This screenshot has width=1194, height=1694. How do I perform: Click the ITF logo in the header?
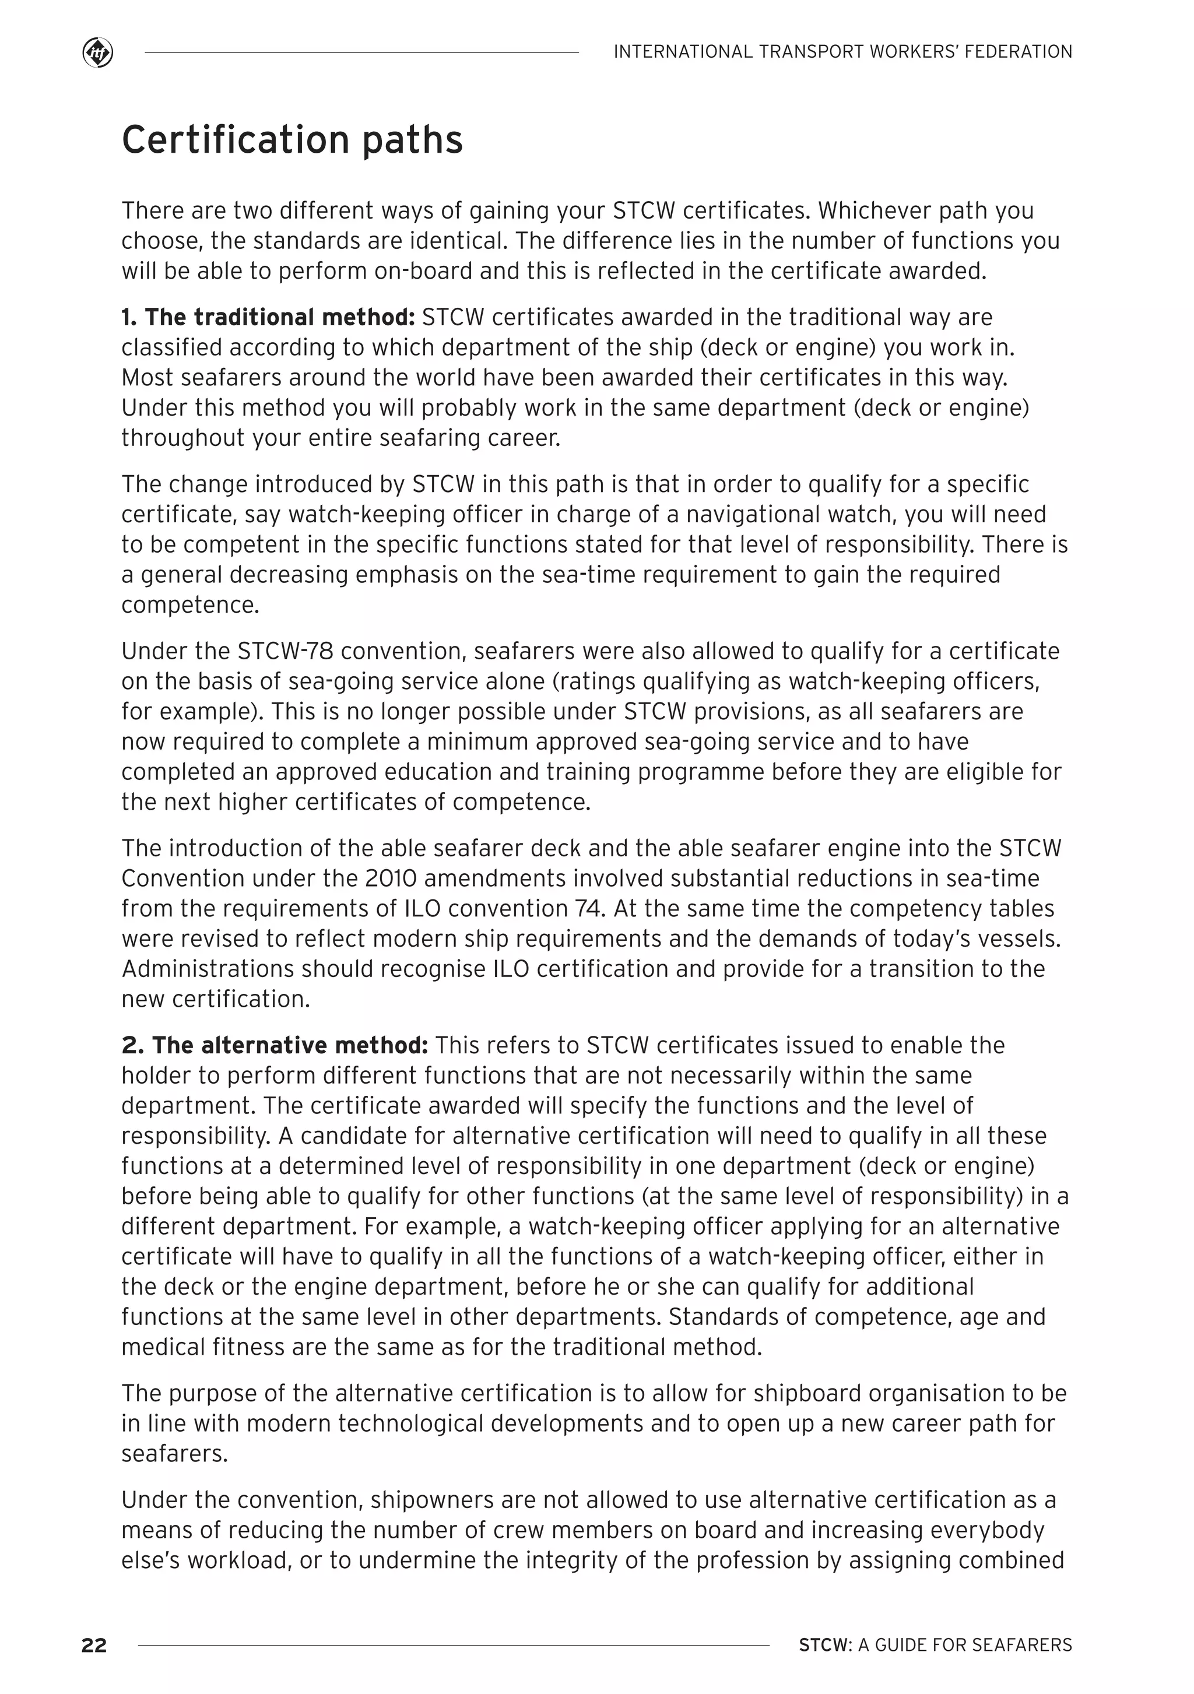(x=97, y=53)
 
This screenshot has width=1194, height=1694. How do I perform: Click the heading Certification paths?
(x=292, y=139)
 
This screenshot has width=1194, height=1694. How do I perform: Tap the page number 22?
(x=94, y=1644)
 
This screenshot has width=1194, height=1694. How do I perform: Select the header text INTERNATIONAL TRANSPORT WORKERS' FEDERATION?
(x=842, y=52)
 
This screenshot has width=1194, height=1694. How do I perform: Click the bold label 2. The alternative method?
(x=275, y=1045)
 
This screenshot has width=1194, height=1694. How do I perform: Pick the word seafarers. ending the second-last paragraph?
(x=175, y=1453)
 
